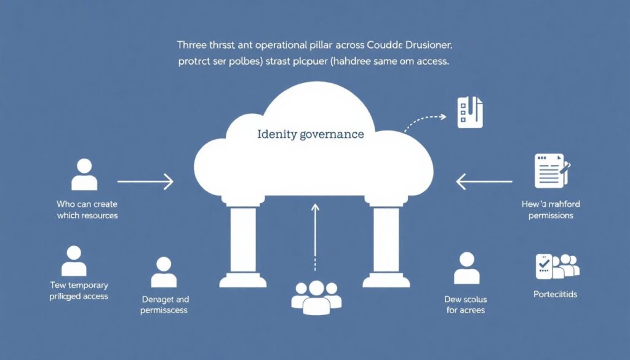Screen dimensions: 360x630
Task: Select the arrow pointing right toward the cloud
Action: coord(145,182)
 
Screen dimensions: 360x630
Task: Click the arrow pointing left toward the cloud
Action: coord(484,182)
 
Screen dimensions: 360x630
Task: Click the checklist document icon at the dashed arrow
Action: coord(470,111)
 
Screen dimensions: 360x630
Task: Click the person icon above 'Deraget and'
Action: coord(163,273)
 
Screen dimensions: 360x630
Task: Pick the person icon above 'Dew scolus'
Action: coord(466,268)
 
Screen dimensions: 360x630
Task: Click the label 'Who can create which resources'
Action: coord(87,209)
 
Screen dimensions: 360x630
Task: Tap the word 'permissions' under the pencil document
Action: coord(551,215)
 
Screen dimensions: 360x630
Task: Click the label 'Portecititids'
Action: coord(555,294)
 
